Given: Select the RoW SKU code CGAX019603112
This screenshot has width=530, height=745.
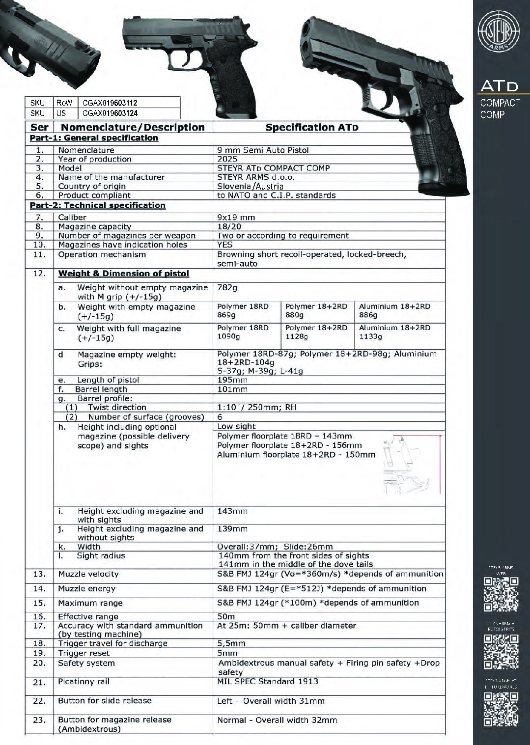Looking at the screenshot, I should [x=110, y=103].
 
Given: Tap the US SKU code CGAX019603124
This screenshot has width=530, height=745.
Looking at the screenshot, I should [x=110, y=113].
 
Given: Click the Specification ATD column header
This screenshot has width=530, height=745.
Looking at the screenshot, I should [x=311, y=127].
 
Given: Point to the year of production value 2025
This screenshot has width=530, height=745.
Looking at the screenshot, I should [x=227, y=159].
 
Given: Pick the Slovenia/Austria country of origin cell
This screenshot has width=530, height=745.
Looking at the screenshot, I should [x=250, y=186].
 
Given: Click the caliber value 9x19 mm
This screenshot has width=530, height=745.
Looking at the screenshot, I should [x=236, y=217].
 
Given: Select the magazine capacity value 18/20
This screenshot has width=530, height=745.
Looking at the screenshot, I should [x=229, y=226].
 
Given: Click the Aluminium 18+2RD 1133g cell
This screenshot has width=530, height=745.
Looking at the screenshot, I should [x=394, y=332].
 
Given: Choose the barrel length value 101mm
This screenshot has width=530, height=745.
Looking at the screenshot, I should [x=232, y=389].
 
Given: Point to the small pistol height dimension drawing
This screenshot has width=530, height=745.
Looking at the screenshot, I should [x=412, y=465].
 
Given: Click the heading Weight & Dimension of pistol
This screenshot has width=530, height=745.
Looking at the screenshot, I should [x=123, y=274].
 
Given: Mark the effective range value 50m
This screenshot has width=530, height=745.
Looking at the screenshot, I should [x=226, y=616].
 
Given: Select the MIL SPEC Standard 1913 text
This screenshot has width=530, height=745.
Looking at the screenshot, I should [x=267, y=681].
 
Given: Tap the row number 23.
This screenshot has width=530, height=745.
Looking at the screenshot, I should [x=39, y=720].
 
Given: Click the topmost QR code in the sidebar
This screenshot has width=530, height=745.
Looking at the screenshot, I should [x=501, y=594].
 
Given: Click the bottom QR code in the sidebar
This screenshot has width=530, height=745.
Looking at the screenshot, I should [x=501, y=709].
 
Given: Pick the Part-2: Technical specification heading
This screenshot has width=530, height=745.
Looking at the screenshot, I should [x=98, y=205].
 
